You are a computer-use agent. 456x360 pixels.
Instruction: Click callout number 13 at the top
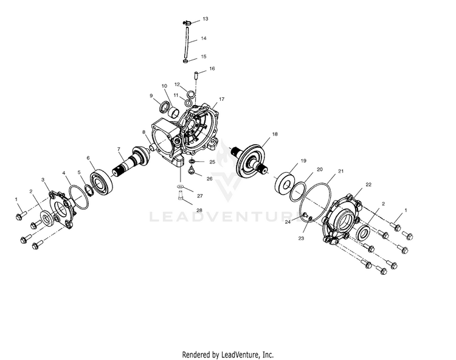(x=206, y=19)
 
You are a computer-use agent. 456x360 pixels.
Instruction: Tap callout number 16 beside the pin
(x=212, y=69)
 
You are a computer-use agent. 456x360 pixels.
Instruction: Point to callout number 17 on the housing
(x=222, y=99)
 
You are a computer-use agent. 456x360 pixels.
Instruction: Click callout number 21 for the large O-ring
(x=341, y=172)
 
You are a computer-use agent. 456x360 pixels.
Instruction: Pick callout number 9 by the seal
(x=151, y=95)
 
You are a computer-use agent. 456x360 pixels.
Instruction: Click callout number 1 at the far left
(x=16, y=199)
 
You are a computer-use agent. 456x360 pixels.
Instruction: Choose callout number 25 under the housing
(x=212, y=162)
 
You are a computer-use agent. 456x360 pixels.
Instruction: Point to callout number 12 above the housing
(x=176, y=84)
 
